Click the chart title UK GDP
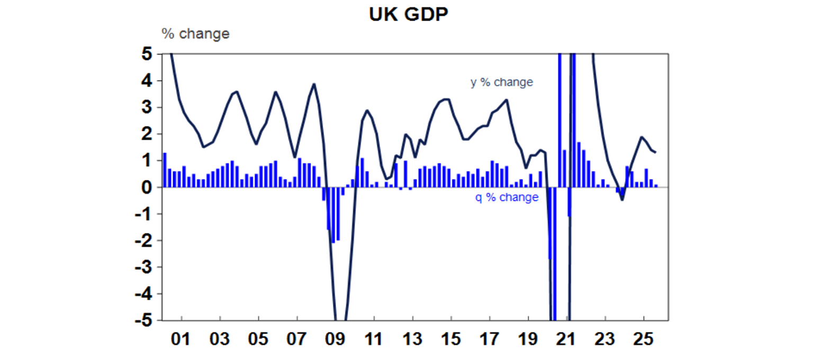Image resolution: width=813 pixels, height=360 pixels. click(x=408, y=15)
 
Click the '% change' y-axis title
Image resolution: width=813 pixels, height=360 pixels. click(x=195, y=34)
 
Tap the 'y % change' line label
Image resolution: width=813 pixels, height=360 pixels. click(x=501, y=83)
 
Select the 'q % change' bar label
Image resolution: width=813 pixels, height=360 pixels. click(x=507, y=197)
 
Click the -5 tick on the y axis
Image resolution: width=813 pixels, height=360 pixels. click(x=143, y=320)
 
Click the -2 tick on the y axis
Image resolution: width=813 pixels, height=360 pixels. click(x=143, y=241)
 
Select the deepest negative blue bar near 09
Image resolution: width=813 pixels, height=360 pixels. click(x=333, y=214)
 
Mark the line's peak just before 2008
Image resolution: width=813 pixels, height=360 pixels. click(x=314, y=84)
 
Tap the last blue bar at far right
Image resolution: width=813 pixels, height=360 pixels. click(x=656, y=185)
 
